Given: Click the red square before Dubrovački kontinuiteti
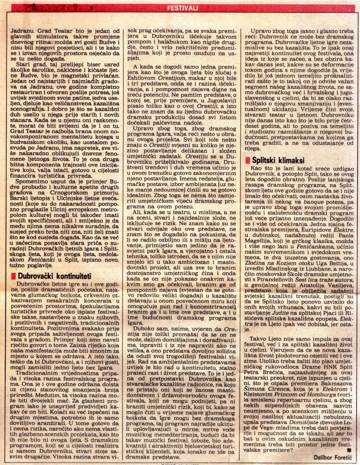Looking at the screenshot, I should coord(14,277).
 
